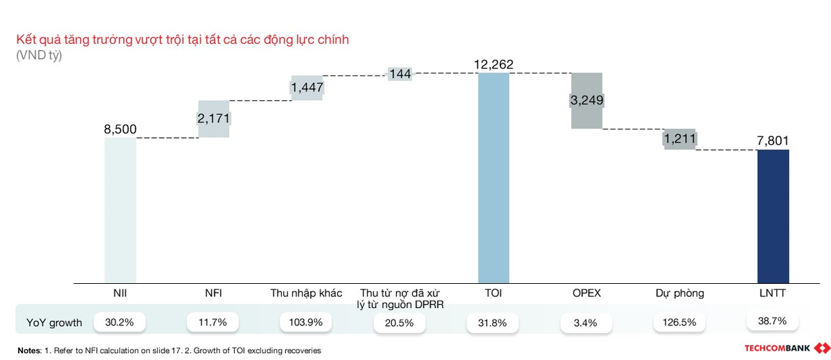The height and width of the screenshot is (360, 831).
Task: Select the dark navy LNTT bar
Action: coord(774,216)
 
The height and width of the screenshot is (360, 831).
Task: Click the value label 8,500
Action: coord(120,129)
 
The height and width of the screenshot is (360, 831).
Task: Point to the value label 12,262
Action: coord(494,64)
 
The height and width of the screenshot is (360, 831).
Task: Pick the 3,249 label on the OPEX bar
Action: coord(587,100)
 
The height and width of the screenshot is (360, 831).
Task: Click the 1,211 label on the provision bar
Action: coord(680,139)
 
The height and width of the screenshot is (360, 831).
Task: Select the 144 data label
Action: coord(400,73)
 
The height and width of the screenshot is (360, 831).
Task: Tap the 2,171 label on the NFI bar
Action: coord(214,118)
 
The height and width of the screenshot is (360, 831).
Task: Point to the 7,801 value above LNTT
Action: coord(774,141)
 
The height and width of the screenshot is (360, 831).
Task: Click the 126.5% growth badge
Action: coord(679,322)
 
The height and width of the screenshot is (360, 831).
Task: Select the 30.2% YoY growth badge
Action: coord(120,322)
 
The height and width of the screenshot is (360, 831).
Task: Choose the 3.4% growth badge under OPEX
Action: coord(587,322)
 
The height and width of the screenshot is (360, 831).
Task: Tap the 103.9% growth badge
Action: coord(307,322)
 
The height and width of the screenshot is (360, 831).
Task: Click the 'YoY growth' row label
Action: coord(54,323)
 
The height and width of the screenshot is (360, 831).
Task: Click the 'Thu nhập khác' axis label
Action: coord(306,293)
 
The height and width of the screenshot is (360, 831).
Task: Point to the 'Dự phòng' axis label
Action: coord(679,293)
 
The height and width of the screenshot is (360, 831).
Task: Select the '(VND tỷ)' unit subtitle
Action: coord(39,55)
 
